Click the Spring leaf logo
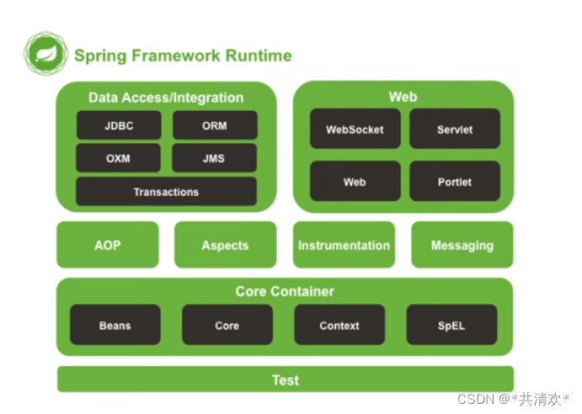[x=45, y=54]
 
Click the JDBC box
[x=119, y=125]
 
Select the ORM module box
[x=215, y=125]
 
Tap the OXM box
[x=119, y=158]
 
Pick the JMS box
[x=214, y=158]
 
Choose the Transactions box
[x=166, y=191]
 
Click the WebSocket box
[x=355, y=129]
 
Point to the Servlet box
[x=455, y=129]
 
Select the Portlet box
[x=455, y=182]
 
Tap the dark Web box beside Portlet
[x=355, y=182]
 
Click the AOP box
[x=108, y=245]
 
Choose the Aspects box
[x=225, y=245]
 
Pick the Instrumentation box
[x=344, y=245]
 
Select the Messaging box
[x=462, y=245]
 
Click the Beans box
[x=115, y=325]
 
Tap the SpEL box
[x=451, y=325]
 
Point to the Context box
[x=339, y=325]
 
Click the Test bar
[x=286, y=379]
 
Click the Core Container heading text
[x=285, y=291]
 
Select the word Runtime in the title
[x=259, y=56]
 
